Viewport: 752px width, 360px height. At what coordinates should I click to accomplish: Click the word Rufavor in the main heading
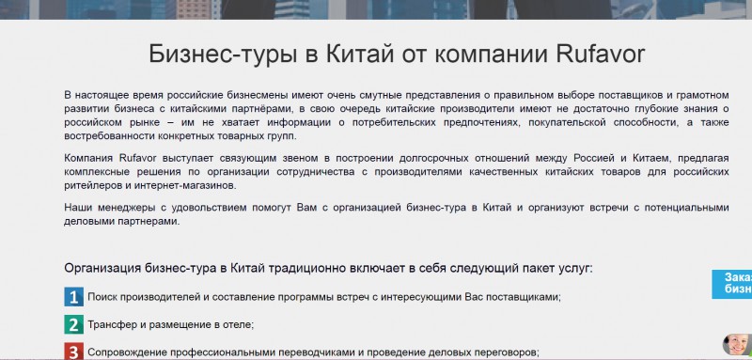tap(601, 55)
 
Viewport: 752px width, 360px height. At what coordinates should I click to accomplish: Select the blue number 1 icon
tap(73, 297)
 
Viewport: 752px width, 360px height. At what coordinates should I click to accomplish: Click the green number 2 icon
tap(73, 325)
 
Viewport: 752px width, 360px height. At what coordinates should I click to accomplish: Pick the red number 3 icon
tap(73, 352)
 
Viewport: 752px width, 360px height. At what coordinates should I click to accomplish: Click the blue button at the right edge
tap(732, 284)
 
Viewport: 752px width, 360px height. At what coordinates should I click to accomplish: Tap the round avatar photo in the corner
tap(737, 345)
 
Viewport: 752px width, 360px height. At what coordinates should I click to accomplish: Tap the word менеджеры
tap(122, 208)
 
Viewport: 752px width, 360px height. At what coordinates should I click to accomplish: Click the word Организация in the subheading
tap(102, 268)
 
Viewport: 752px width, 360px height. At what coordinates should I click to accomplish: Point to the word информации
tap(303, 122)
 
